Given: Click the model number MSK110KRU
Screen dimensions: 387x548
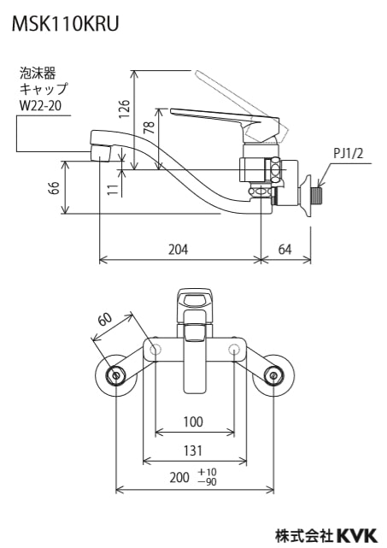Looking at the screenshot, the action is click(66, 24).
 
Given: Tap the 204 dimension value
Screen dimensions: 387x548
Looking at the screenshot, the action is click(179, 250).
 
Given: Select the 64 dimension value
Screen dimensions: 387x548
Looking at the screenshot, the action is click(284, 250).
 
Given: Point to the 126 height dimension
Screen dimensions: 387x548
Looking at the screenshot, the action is click(126, 109).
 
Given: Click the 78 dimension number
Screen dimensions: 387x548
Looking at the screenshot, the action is click(150, 127).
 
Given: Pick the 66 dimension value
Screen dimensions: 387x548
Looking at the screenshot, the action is click(55, 188).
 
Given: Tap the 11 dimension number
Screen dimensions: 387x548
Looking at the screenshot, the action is click(113, 190).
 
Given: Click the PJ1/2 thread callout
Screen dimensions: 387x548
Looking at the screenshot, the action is click(348, 153).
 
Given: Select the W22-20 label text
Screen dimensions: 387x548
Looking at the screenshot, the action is click(40, 105).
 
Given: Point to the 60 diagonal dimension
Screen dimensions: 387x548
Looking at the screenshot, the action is click(105, 319).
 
